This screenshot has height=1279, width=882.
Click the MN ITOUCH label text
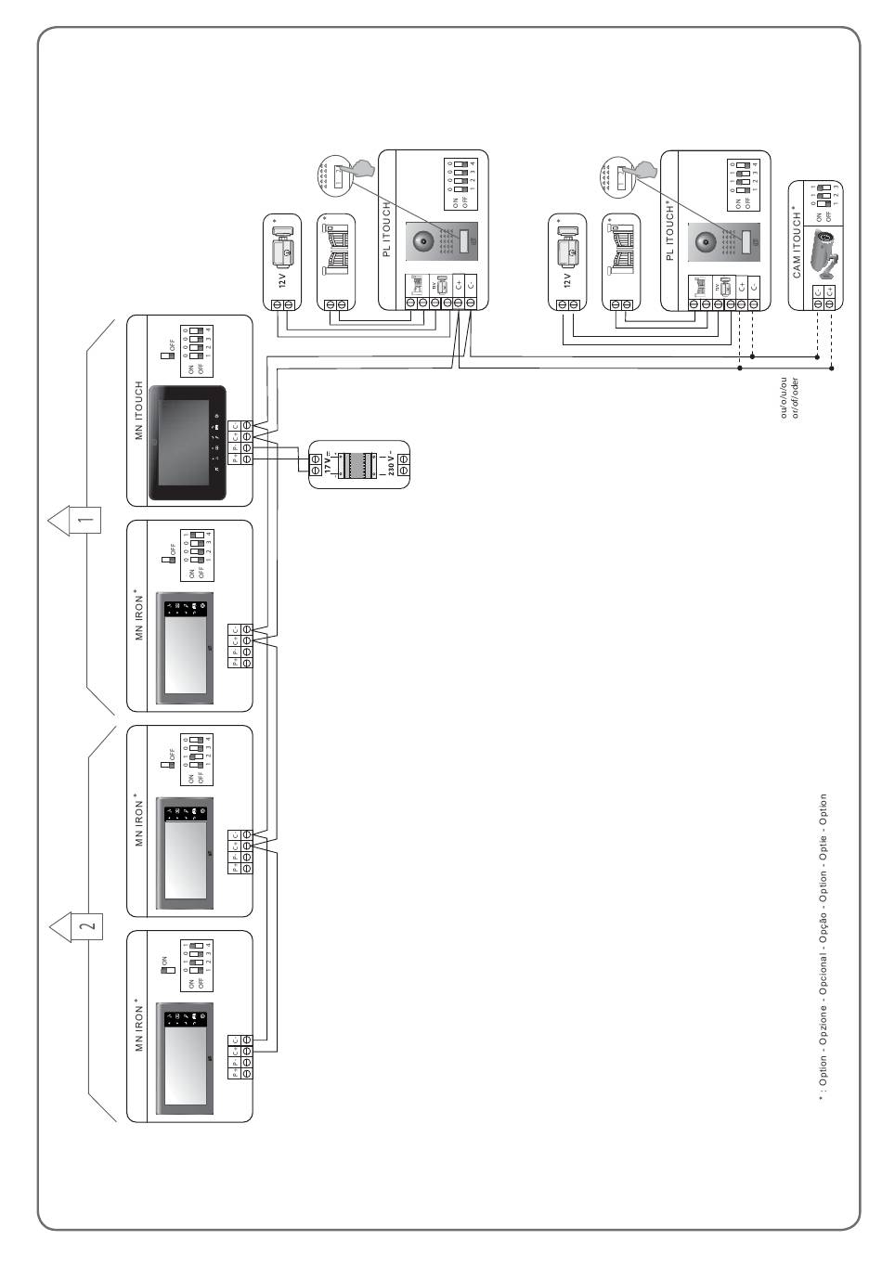[139, 410]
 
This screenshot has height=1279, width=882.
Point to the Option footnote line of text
[823, 947]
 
